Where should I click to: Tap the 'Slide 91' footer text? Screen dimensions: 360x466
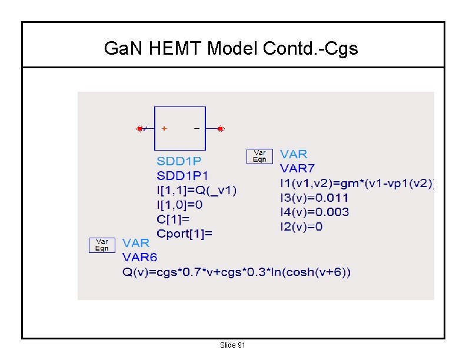click(232, 345)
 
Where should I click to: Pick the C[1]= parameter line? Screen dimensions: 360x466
click(174, 219)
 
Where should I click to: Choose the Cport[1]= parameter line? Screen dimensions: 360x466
click(185, 234)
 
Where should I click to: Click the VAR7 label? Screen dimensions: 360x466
click(297, 169)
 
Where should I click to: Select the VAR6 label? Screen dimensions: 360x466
click(139, 257)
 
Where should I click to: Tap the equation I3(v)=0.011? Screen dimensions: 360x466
click(314, 198)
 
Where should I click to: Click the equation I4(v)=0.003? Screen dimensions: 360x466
click(314, 212)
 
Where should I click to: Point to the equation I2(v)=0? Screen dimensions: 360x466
click(301, 226)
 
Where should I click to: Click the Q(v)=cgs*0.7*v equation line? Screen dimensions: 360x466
click(237, 272)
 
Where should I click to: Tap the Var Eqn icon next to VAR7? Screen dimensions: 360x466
click(259, 156)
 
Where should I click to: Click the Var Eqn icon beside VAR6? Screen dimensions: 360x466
click(102, 245)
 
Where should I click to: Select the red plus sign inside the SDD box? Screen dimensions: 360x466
click(164, 128)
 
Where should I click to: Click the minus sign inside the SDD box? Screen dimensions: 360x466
click(196, 128)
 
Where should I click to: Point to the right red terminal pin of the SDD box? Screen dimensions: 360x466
click(220, 128)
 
